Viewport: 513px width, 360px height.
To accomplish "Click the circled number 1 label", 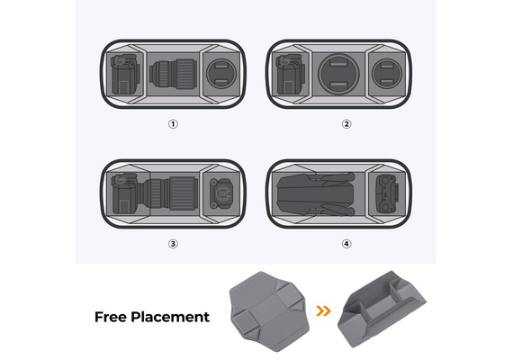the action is point(173,124).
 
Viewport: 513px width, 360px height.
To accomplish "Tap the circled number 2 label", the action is point(346,124).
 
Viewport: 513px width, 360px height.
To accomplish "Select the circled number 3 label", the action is point(173,244).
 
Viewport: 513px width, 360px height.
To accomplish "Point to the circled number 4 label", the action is point(346,244).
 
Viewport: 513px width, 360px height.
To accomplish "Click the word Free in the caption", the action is point(111,317).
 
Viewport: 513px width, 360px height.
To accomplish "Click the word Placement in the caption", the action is point(170,317).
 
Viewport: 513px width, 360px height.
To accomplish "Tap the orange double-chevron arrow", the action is point(323,310).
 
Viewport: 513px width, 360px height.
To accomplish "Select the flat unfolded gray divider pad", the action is point(269,311).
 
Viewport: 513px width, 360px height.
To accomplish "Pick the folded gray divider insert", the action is point(382,309).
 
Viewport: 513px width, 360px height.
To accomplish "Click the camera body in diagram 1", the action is point(125,75).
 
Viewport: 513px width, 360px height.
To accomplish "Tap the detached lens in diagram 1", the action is point(173,74).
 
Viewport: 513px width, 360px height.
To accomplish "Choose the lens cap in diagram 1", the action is point(221,74).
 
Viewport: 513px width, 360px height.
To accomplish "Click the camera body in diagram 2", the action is point(291,75).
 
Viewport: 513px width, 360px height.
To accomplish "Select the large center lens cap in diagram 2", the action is point(338,74).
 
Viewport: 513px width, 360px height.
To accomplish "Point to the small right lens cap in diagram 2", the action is point(387,74).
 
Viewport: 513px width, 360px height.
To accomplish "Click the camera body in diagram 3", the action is point(126,194).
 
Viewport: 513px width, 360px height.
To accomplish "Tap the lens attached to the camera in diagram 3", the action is point(169,193).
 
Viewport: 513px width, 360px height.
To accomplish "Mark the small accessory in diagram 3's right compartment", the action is point(221,193).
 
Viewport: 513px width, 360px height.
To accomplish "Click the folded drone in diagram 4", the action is point(316,194).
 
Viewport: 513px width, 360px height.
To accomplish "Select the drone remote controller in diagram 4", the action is point(387,193).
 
